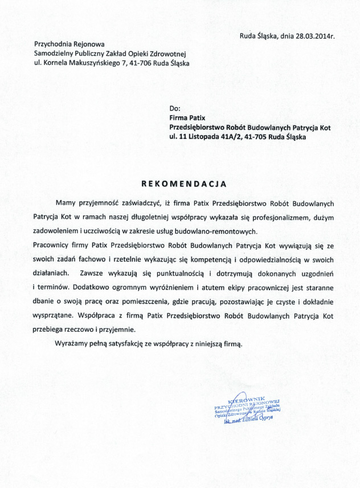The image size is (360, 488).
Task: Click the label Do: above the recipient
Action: pos(174,108)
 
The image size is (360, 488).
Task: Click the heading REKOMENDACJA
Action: pos(183,184)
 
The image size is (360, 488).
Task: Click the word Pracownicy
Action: pos(54,245)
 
